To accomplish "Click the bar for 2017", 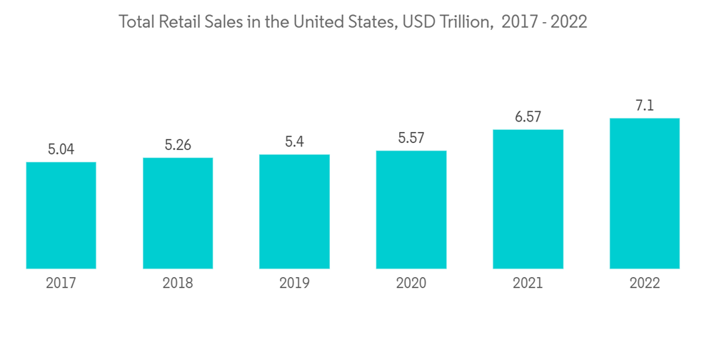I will point(61,215).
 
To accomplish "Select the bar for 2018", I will point(178,213).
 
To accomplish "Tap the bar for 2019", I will point(294,211).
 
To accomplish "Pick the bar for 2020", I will point(411,209).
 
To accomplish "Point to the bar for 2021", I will point(528,199).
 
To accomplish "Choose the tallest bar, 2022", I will point(644,193).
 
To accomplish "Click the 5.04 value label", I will point(61,149).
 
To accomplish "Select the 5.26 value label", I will point(178,145).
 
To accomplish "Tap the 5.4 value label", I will point(294,142).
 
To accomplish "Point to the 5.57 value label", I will point(411,138).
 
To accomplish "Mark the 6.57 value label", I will point(528,117).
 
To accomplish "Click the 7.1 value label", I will point(644,106).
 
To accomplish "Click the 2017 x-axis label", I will point(61,284).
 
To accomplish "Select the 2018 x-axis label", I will point(178,284).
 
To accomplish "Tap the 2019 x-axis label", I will point(294,284).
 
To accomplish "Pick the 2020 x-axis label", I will point(411,284).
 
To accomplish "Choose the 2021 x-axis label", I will point(528,284).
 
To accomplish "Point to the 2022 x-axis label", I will point(644,284).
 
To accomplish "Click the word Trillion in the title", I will point(464,22).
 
